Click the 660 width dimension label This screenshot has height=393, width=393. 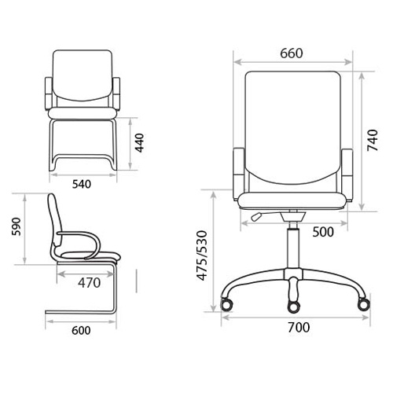point(292,53)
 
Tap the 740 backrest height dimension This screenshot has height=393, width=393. point(373,140)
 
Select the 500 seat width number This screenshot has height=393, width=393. point(323,232)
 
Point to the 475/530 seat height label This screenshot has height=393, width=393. point(202,255)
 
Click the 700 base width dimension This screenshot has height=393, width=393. point(299,327)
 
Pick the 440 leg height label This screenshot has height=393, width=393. point(139,143)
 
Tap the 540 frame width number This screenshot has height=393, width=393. point(82,184)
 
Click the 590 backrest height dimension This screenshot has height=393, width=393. point(17,226)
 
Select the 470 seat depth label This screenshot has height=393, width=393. point(89,283)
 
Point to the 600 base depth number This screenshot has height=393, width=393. point(81,330)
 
